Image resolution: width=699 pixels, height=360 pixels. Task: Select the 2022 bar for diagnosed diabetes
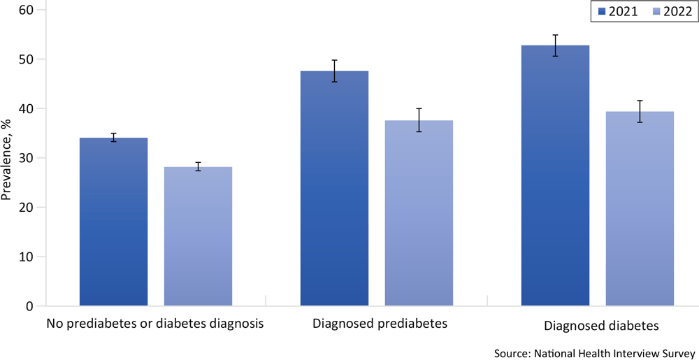[640, 210]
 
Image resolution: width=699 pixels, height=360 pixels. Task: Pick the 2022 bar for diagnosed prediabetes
[419, 213]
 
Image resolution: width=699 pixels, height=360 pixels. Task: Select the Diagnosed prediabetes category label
[380, 324]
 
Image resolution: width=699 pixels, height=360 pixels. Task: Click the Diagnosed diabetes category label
[600, 326]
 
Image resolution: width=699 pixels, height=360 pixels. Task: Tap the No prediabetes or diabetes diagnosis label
[155, 324]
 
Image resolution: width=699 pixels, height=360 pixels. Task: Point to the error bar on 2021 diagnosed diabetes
[555, 45]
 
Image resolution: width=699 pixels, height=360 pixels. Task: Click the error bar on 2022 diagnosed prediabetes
[419, 120]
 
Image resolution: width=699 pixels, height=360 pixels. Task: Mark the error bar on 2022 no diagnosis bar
[198, 166]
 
